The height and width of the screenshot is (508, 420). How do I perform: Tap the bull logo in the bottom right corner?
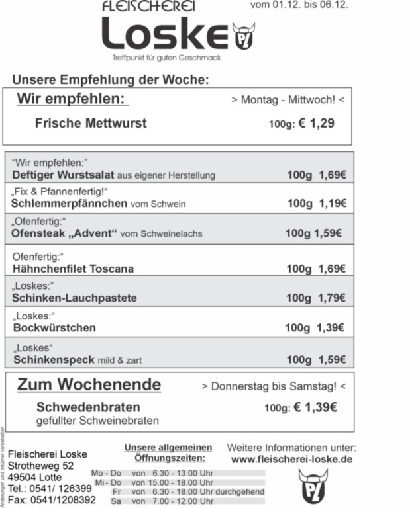313,486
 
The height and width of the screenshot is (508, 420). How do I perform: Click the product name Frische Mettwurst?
91,124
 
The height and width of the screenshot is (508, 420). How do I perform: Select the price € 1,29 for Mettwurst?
317,124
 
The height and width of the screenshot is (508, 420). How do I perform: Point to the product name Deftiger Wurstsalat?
64,175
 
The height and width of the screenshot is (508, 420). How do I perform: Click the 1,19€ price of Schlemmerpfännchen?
333,204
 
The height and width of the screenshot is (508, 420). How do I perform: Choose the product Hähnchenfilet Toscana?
73,269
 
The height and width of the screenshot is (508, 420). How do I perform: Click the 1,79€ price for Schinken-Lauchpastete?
333,298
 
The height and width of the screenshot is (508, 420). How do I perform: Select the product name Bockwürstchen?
54,327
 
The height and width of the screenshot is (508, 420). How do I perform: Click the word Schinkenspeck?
54,360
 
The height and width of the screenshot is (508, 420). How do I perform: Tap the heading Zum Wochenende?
89,385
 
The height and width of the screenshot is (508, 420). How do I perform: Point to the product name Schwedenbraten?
88,407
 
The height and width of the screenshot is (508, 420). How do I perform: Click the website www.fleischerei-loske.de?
291,459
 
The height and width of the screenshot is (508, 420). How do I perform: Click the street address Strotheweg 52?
41,466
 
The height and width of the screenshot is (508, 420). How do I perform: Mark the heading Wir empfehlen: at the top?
72,99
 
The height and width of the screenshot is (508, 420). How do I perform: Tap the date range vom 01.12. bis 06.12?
299,6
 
